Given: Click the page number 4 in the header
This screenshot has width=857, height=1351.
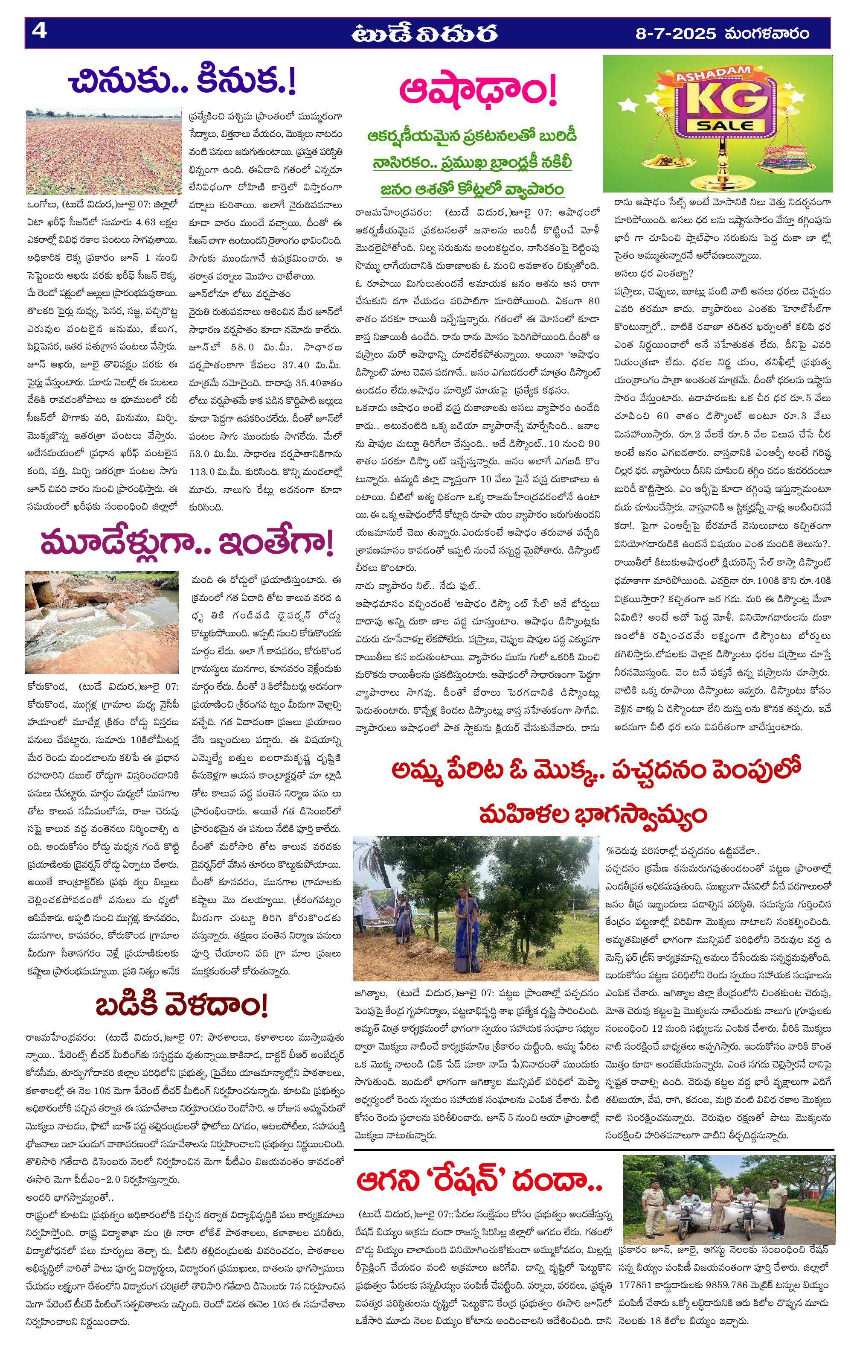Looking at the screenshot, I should point(39,32).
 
